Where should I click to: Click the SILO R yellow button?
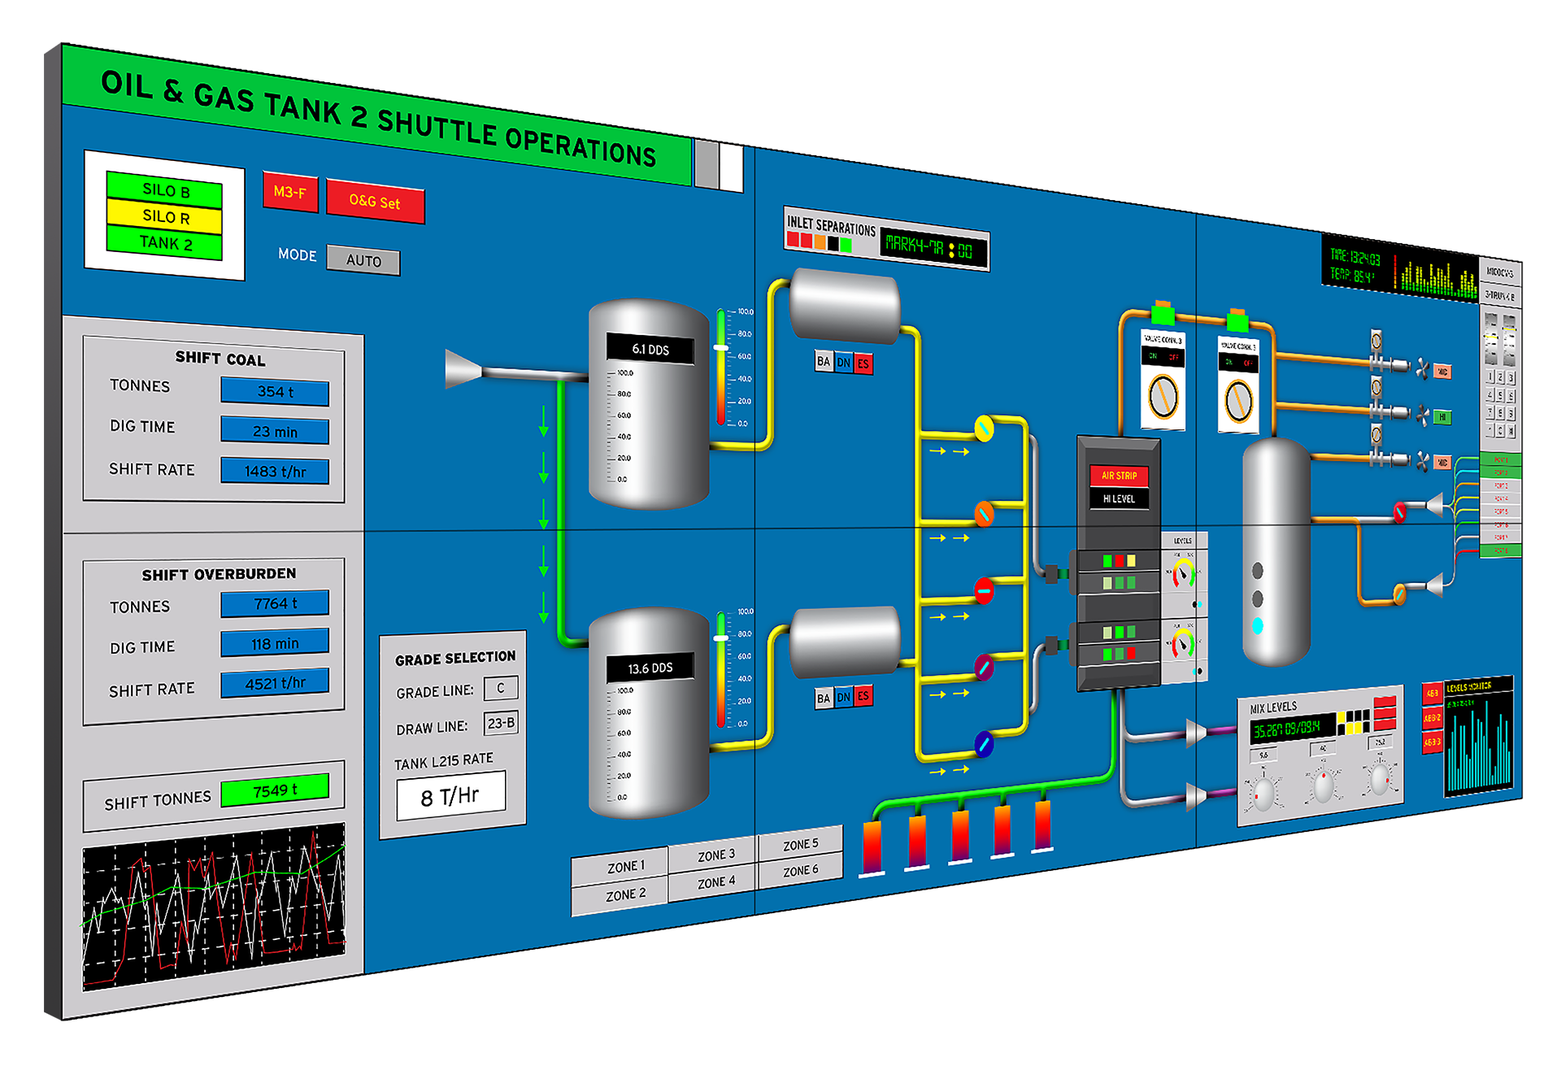[x=164, y=217]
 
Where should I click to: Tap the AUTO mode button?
[x=363, y=260]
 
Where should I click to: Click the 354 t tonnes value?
[x=275, y=392]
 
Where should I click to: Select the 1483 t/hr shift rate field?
[x=275, y=472]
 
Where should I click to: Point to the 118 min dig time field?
[x=275, y=643]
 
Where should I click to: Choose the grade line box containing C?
[x=501, y=688]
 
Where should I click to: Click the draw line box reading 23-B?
[x=501, y=723]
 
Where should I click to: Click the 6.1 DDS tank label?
[x=650, y=350]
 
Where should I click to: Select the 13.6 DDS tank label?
[x=650, y=668]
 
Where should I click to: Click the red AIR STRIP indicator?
[x=1119, y=476]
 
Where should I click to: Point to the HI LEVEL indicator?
[x=1119, y=498]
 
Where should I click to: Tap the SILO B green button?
[x=164, y=191]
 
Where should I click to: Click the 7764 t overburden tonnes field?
[x=275, y=603]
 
